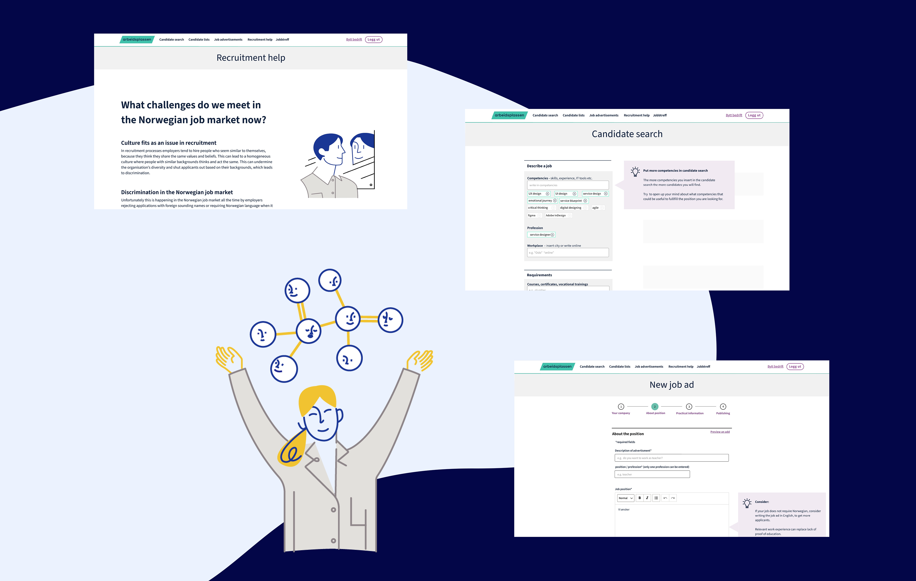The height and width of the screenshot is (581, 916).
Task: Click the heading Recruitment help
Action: click(251, 58)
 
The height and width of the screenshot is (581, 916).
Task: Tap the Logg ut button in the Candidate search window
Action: click(754, 115)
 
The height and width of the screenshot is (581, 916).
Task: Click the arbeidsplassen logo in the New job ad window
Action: click(557, 367)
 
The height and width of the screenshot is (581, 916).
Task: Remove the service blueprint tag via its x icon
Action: click(585, 201)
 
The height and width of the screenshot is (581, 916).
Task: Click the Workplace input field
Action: click(567, 253)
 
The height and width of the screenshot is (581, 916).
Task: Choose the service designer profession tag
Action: click(540, 235)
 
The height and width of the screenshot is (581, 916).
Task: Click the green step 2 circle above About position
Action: click(655, 406)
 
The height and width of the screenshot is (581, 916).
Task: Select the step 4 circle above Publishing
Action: click(723, 406)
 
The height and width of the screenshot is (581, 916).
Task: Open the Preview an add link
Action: click(720, 432)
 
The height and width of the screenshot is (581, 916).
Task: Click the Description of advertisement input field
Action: click(671, 458)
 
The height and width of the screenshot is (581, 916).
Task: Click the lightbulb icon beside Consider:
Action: click(747, 503)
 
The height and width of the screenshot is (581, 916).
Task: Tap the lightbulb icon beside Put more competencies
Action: click(635, 171)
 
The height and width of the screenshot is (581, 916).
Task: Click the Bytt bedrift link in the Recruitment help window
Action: click(354, 40)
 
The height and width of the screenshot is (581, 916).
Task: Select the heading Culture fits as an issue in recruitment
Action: click(168, 143)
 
